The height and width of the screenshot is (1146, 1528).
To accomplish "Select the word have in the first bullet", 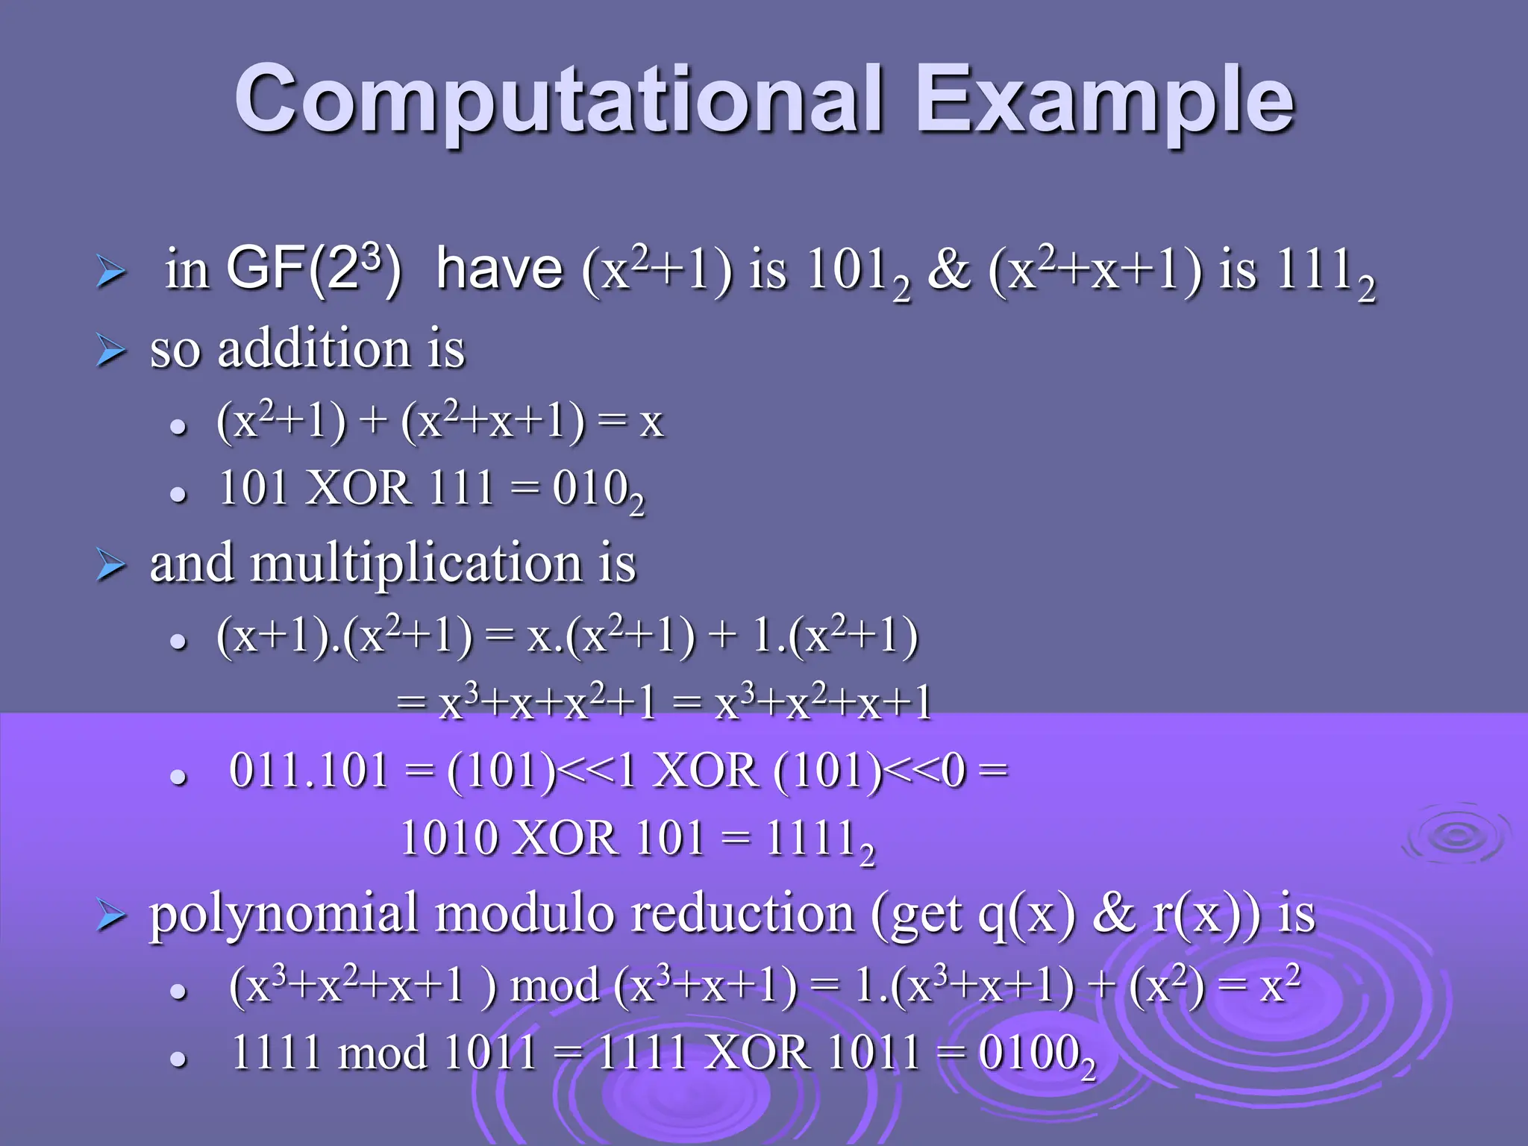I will [499, 269].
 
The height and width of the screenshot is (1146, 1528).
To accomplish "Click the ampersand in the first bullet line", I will [949, 269].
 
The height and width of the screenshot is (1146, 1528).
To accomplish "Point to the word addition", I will [314, 348].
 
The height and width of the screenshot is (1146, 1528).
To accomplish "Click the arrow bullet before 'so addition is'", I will [110, 351].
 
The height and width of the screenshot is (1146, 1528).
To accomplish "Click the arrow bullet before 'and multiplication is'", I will [110, 566].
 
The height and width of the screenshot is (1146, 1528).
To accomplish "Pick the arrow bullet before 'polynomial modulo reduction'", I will [110, 917].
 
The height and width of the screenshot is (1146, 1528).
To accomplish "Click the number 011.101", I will [309, 771].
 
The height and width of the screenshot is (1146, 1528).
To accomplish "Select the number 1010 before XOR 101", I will [449, 838].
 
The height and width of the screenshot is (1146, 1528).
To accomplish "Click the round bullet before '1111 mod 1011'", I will [178, 1058].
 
